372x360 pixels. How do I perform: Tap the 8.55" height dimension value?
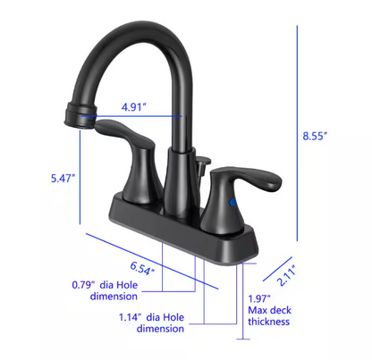pos(315,135)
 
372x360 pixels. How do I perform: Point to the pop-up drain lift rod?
pos(204,162)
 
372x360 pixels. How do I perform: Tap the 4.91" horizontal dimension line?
pos(134,116)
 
